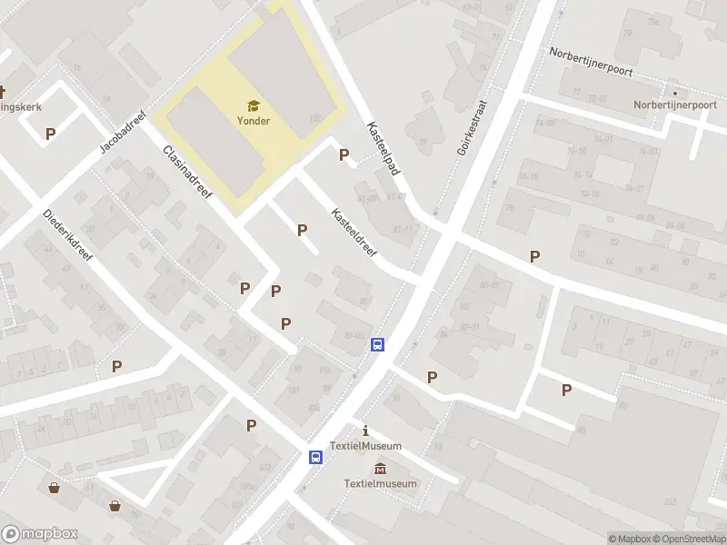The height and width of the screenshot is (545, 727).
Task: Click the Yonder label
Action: pyautogui.click(x=254, y=121)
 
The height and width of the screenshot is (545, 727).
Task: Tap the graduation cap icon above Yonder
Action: pyautogui.click(x=254, y=106)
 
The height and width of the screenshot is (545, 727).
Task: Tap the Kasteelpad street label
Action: pyautogui.click(x=383, y=148)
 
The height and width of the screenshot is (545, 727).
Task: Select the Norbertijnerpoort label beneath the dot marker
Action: pyautogui.click(x=675, y=104)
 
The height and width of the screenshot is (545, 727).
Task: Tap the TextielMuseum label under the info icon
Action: pyautogui.click(x=365, y=445)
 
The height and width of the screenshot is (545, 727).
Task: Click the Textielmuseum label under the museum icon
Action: pyautogui.click(x=380, y=483)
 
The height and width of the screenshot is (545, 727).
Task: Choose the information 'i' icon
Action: pyautogui.click(x=365, y=430)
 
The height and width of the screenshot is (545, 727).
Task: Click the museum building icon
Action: pyautogui.click(x=380, y=468)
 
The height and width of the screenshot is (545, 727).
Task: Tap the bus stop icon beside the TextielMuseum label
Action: pyautogui.click(x=315, y=458)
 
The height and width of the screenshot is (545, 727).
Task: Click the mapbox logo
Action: pyautogui.click(x=40, y=534)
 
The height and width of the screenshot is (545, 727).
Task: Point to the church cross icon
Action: pyautogui.click(x=3, y=92)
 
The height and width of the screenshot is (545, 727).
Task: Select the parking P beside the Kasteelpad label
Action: pyautogui.click(x=344, y=154)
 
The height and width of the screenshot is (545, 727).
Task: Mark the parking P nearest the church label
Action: pyautogui.click(x=50, y=134)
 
